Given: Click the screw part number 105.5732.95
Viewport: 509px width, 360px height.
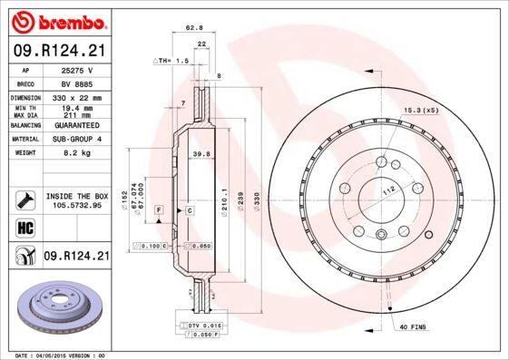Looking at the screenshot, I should tap(77, 205).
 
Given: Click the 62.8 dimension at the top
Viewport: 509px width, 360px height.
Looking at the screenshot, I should tap(194, 28).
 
